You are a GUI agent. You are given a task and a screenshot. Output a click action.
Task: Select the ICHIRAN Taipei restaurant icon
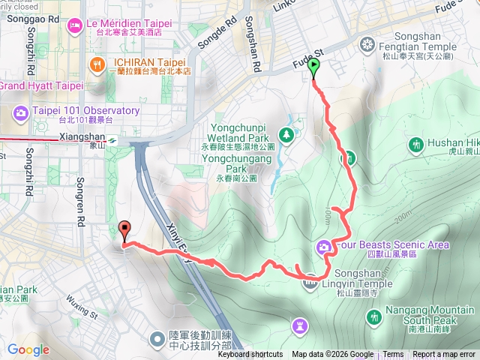pos(97,64)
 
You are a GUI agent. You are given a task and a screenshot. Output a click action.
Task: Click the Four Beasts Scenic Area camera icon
pos(324,245)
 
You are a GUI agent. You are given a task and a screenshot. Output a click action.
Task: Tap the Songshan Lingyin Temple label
pos(355,279)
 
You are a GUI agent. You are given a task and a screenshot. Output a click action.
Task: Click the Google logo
pos(28,349)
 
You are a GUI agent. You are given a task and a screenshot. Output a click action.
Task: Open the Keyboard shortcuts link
pos(250,355)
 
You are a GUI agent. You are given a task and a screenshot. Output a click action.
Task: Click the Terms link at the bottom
pos(393,355)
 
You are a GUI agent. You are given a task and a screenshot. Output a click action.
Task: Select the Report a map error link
pos(444,355)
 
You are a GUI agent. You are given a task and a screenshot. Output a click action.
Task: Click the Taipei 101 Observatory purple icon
pos(21,113)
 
